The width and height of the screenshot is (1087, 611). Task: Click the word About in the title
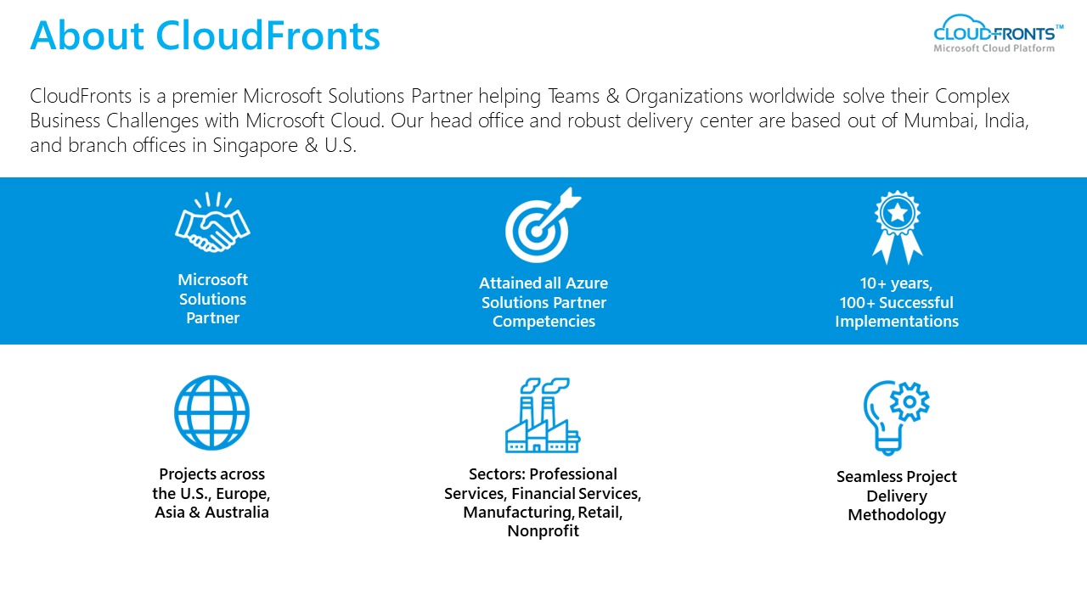coord(87,36)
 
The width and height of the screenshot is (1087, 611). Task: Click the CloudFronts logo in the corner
coord(998,33)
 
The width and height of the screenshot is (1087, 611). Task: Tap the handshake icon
coord(212,222)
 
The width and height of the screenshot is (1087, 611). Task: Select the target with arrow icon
coord(543,225)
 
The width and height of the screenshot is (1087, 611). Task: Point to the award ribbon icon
coord(898,227)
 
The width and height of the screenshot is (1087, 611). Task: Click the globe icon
coord(212,412)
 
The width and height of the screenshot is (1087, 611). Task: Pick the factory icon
coord(543,415)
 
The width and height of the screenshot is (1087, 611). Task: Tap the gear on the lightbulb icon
coord(910,401)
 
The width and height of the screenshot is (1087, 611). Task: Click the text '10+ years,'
coord(896,283)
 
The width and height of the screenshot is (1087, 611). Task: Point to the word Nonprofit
coord(543,531)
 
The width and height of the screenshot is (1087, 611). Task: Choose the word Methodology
coord(897,515)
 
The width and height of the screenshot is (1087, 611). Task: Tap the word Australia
coord(236,512)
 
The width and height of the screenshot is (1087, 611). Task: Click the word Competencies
coord(543,322)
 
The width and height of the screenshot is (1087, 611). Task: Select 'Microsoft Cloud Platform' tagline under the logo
coord(994,48)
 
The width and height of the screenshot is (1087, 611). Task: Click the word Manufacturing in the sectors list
coord(517,513)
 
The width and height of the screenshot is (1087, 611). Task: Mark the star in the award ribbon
coord(898,212)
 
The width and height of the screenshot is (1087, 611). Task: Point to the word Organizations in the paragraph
coord(684,97)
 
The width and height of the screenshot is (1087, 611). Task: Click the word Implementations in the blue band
coord(897,322)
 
